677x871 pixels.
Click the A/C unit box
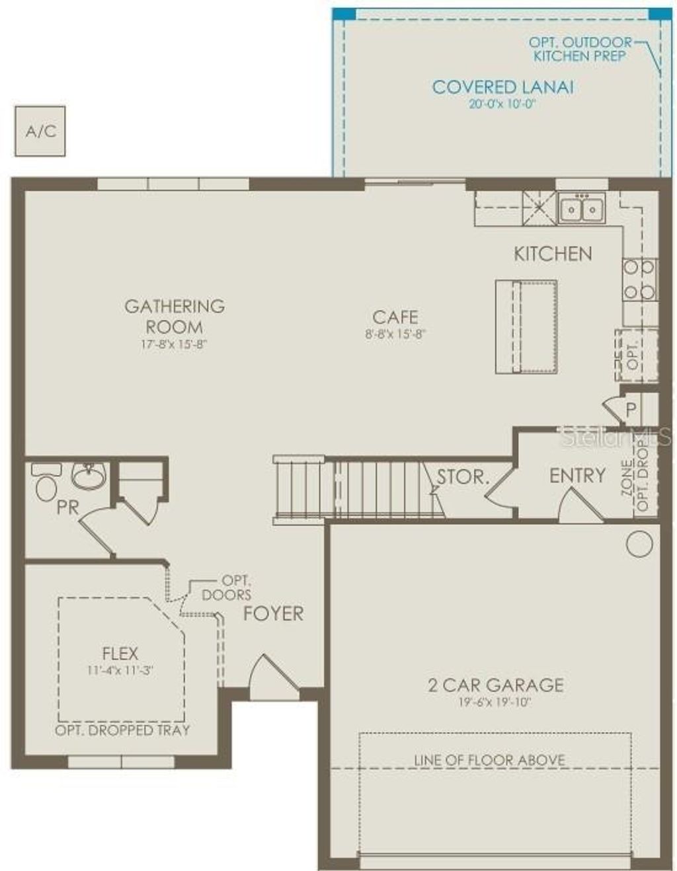click(40, 131)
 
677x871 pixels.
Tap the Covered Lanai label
click(502, 87)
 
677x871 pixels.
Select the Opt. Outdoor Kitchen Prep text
click(580, 50)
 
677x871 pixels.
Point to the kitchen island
click(526, 326)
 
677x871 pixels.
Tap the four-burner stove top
click(639, 280)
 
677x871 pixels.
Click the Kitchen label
click(553, 254)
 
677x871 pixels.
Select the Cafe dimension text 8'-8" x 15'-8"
click(395, 334)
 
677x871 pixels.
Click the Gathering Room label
click(175, 316)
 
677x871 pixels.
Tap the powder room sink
click(89, 476)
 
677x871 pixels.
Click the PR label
click(68, 508)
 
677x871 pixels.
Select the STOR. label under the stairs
click(463, 476)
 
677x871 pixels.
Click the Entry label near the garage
click(577, 476)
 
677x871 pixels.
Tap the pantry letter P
click(631, 410)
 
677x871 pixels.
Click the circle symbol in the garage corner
click(639, 544)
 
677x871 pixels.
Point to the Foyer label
click(273, 613)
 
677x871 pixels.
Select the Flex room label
click(120, 654)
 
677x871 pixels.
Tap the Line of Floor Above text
click(489, 760)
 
